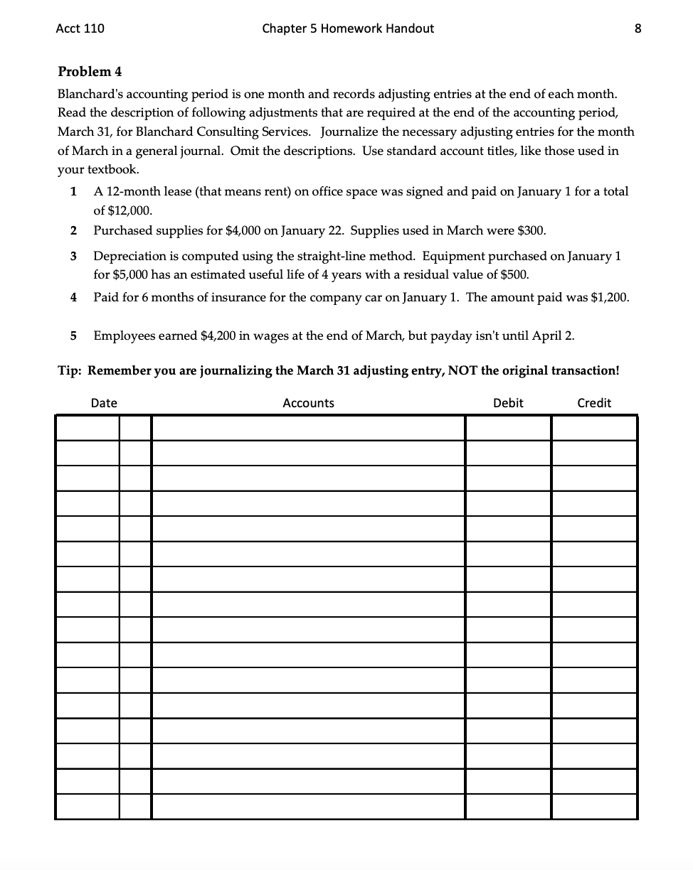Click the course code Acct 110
point(79,28)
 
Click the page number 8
point(638,28)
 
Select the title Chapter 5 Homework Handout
point(347,28)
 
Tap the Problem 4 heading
point(85,72)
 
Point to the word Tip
point(69,370)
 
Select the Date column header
point(104,403)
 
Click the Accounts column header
point(308,403)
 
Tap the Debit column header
point(508,403)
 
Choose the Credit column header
point(594,403)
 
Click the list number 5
point(74,335)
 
